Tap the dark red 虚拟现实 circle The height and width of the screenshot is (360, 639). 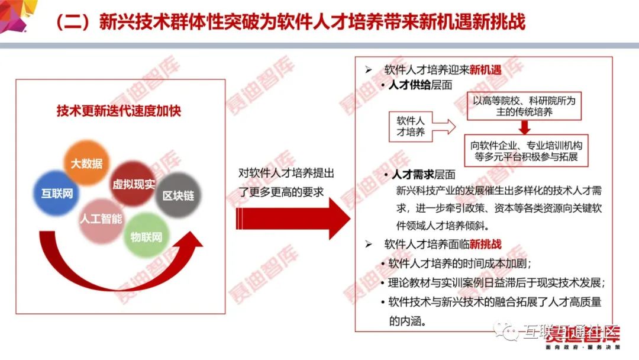[x=133, y=184]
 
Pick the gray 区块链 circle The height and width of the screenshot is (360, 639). [x=178, y=195]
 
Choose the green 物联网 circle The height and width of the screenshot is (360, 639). [x=146, y=237]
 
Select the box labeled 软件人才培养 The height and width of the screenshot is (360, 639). [x=411, y=126]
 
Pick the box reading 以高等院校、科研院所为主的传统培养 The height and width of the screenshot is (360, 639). [x=524, y=106]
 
